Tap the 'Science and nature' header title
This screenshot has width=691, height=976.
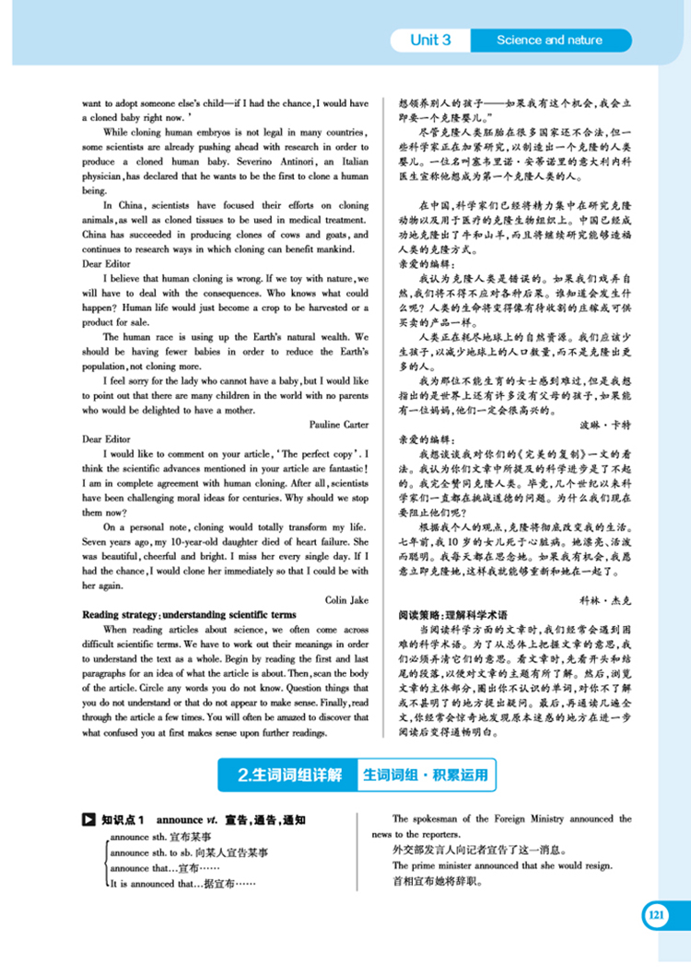(549, 41)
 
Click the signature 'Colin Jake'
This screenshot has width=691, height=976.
(346, 599)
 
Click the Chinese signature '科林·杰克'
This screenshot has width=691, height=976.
(603, 599)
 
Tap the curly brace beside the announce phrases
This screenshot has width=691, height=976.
(104, 860)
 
